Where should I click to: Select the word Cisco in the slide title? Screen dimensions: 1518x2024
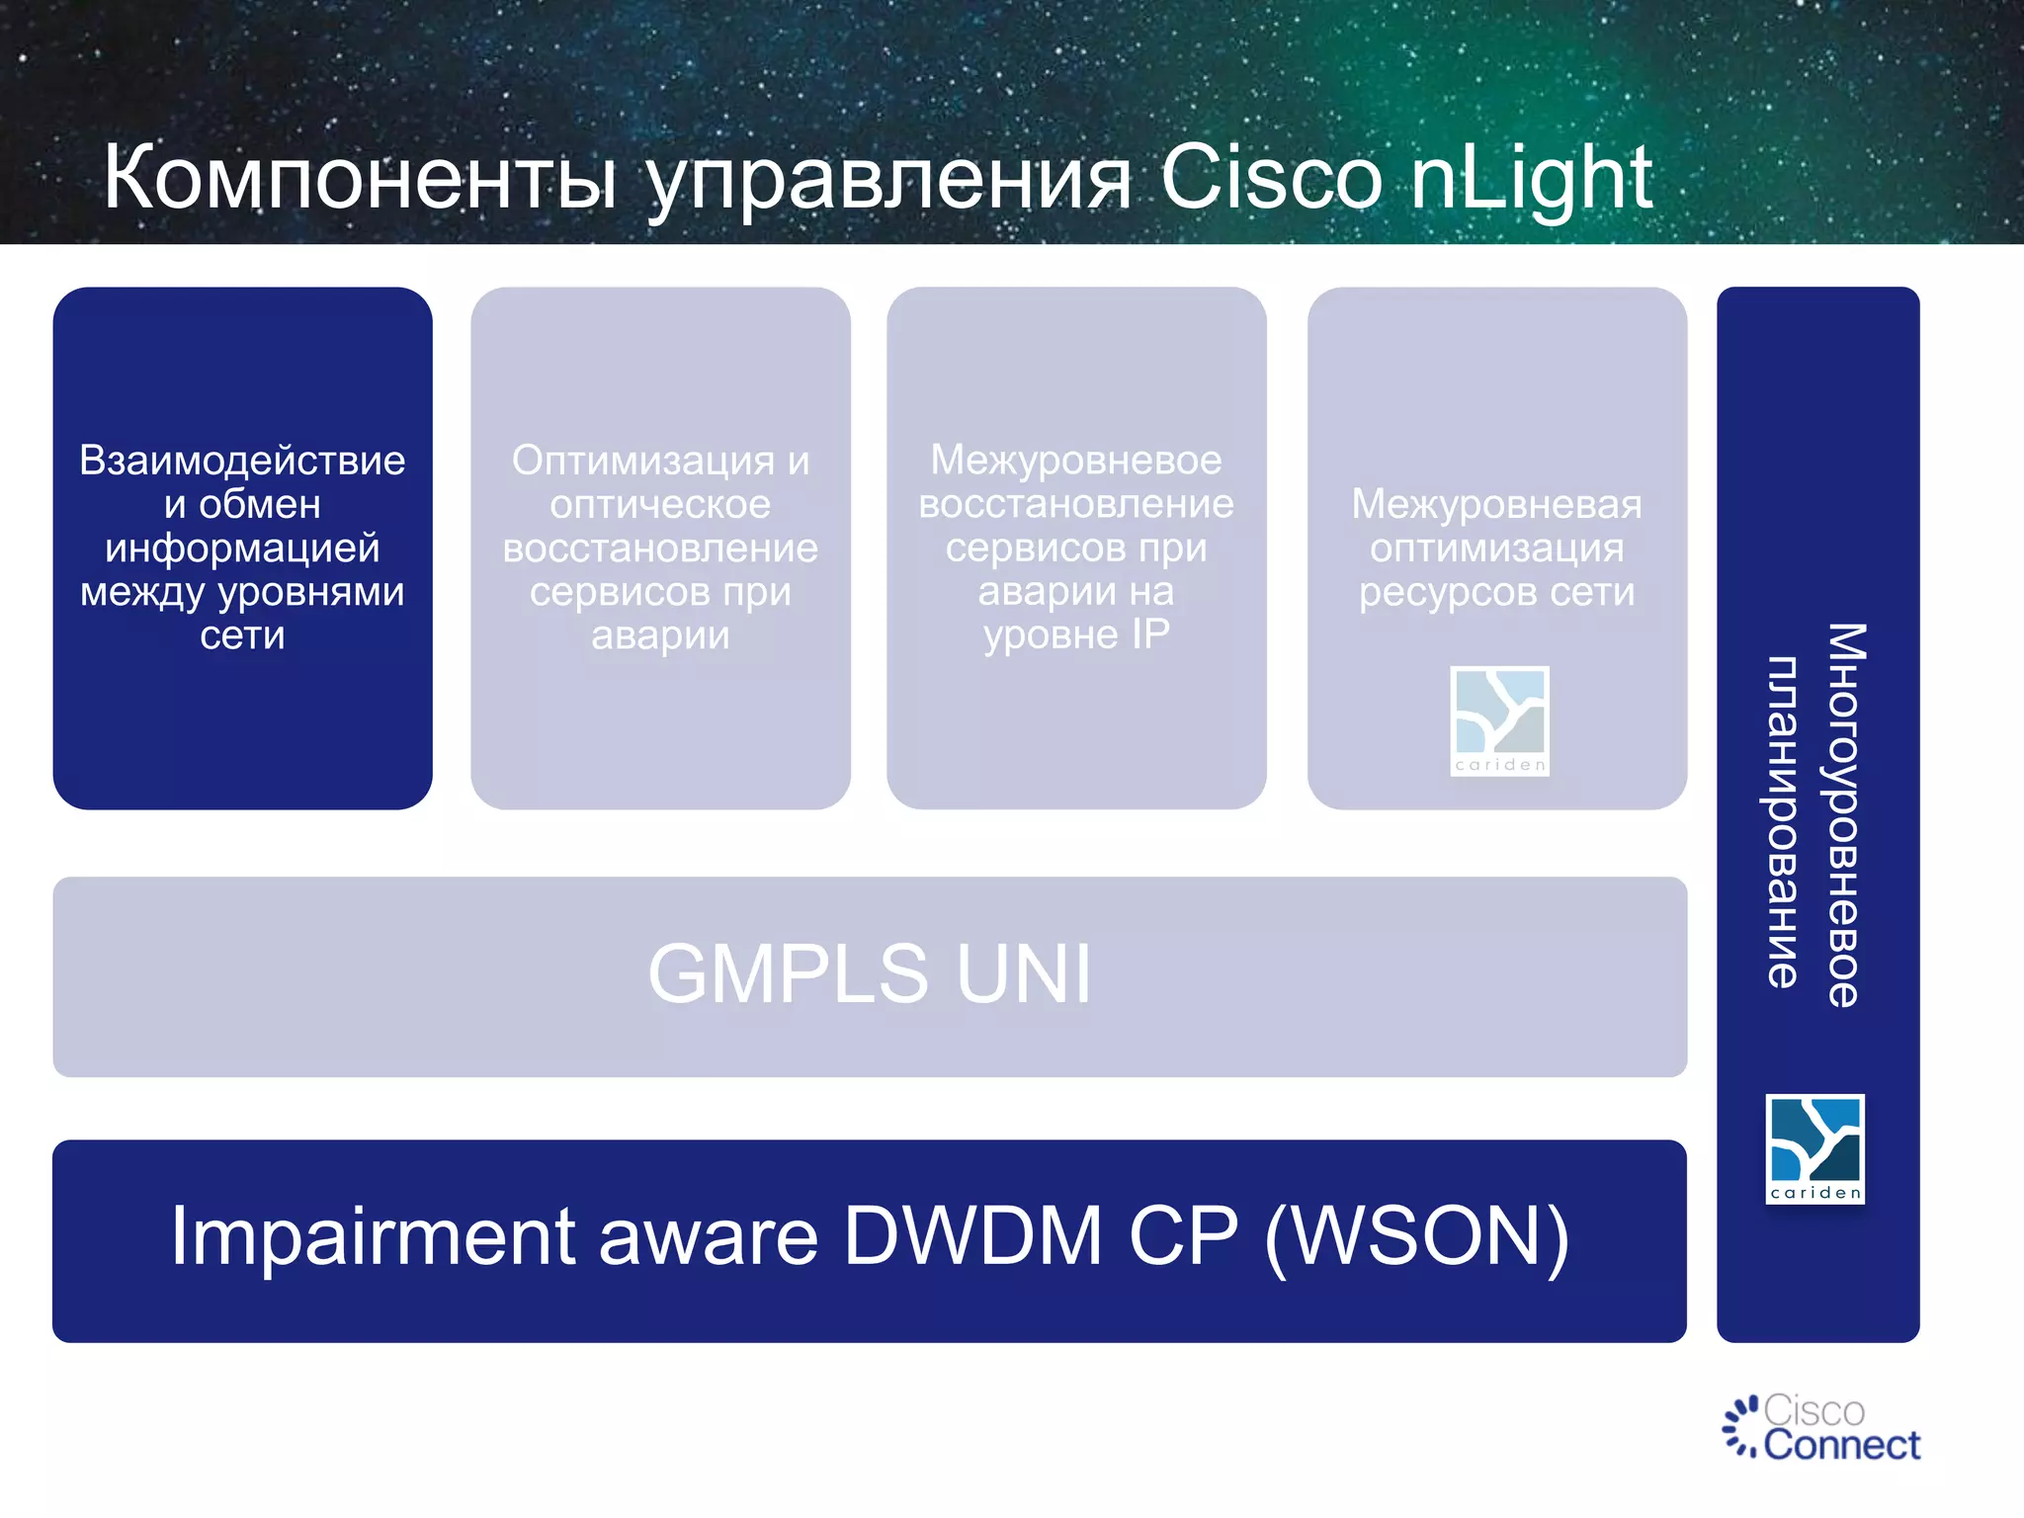[1270, 178]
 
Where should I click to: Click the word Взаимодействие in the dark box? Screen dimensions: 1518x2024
[242, 461]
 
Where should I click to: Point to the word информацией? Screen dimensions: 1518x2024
[242, 548]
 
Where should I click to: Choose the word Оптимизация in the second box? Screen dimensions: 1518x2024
[642, 461]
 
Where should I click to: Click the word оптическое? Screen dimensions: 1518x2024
[660, 504]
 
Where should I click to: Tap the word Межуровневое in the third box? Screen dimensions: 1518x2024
[1076, 460]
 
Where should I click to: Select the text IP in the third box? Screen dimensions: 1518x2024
[1149, 634]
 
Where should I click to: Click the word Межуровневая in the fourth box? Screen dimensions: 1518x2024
[1496, 504]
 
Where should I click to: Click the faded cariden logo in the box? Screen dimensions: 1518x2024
[1499, 720]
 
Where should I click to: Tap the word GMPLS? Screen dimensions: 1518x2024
[788, 974]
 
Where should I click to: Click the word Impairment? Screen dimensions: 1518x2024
[374, 1237]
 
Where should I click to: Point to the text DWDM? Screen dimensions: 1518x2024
[972, 1237]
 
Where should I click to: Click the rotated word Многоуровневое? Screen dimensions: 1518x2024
[1844, 814]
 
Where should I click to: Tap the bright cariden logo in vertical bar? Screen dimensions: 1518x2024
[1814, 1148]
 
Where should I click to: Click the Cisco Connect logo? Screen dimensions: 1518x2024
[1820, 1428]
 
